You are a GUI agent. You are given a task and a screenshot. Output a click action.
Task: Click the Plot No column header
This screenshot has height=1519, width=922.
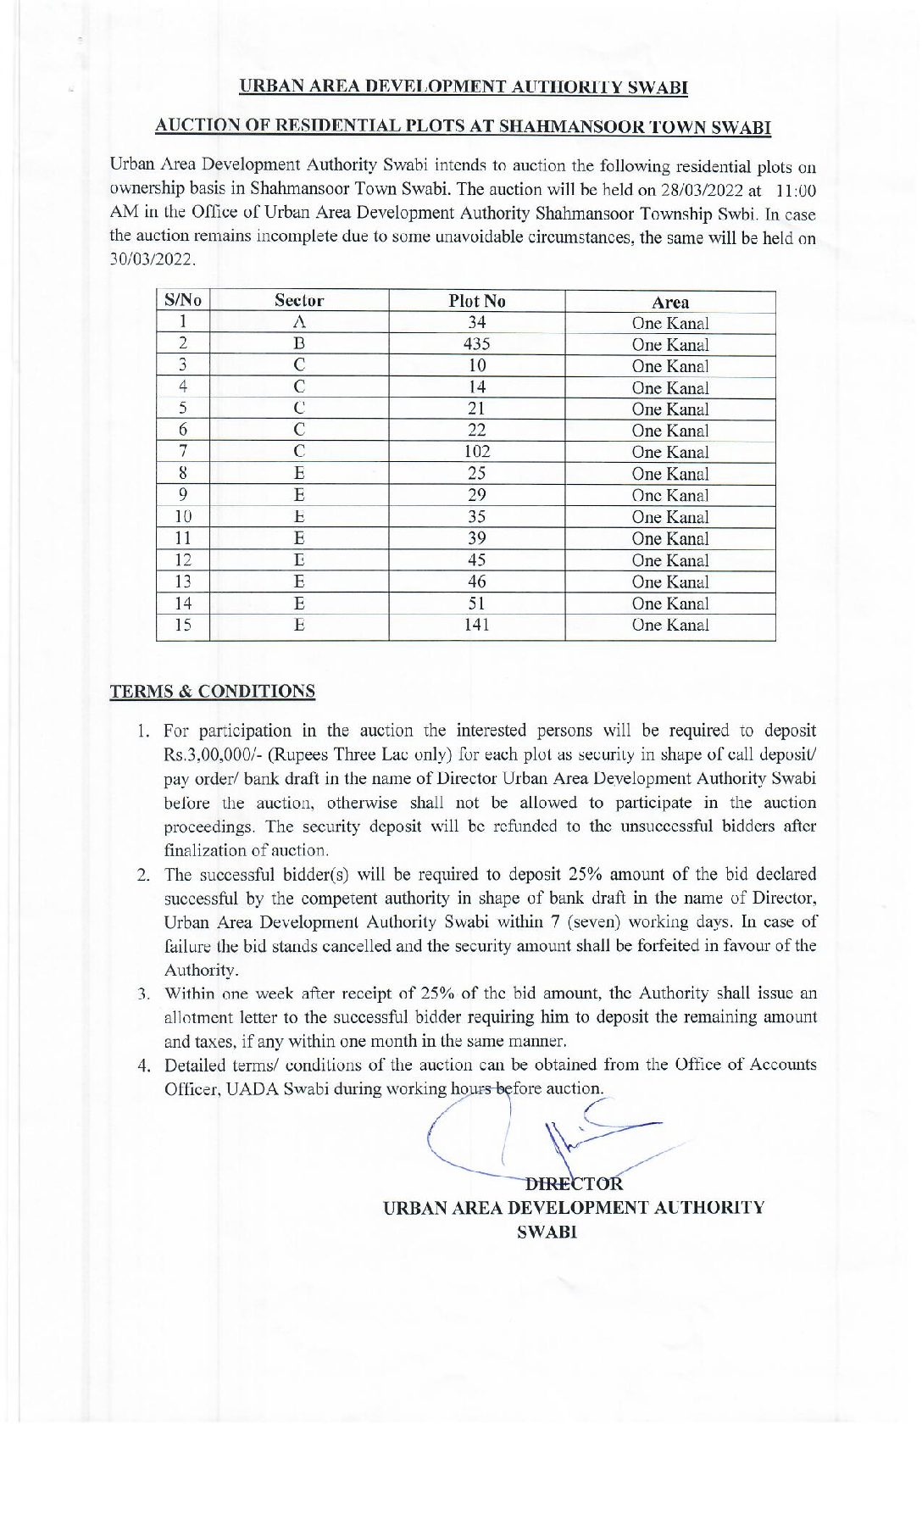(x=477, y=301)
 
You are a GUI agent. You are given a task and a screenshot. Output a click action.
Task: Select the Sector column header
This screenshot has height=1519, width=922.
(x=298, y=301)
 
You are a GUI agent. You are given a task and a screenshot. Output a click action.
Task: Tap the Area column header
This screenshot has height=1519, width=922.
(x=670, y=302)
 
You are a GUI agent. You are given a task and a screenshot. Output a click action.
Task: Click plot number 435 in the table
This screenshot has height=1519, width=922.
(x=477, y=344)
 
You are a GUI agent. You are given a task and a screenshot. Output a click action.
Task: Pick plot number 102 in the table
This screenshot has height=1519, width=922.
(x=477, y=452)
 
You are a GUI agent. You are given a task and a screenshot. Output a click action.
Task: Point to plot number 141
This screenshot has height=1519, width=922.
(x=477, y=625)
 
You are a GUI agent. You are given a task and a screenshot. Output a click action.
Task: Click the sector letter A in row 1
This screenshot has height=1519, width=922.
(x=298, y=322)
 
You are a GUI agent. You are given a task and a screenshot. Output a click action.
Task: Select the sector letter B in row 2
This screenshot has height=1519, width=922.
(x=298, y=344)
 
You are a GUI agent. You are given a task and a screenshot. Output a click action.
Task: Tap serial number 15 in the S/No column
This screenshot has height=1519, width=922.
(x=182, y=625)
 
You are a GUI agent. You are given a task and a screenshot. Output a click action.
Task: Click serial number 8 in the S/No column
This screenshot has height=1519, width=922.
(x=182, y=474)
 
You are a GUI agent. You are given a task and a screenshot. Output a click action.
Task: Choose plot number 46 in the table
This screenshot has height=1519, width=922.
(x=477, y=581)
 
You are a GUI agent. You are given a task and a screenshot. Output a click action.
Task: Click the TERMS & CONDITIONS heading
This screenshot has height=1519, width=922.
(x=212, y=691)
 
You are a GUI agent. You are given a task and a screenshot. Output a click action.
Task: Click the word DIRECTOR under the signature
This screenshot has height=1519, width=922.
(x=575, y=1184)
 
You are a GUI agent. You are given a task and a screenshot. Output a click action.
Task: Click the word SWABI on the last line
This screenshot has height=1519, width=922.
(x=547, y=1232)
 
